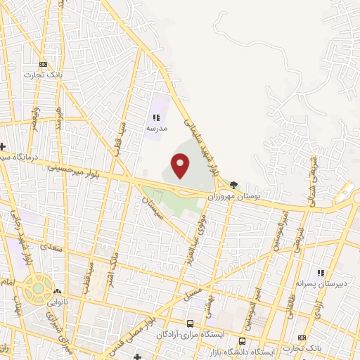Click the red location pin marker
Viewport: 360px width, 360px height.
(181, 166)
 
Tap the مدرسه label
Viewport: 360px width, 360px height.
(156, 129)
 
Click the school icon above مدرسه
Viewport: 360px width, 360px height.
(156, 117)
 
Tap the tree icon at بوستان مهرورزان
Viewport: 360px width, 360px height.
(233, 186)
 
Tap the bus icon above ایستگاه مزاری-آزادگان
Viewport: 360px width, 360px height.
(190, 323)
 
